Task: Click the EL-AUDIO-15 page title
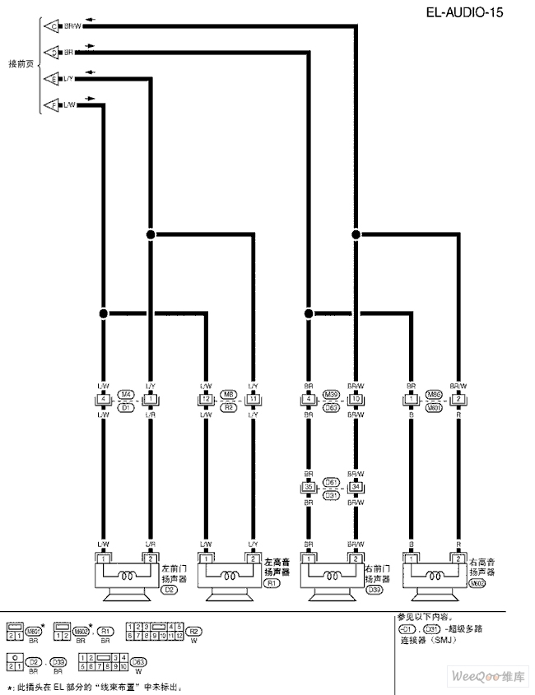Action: [464, 12]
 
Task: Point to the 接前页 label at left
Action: [20, 64]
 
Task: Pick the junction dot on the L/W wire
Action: [103, 313]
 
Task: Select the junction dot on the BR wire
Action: [308, 313]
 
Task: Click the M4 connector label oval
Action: [126, 394]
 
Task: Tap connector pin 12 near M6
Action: [206, 400]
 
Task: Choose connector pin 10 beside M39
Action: [356, 400]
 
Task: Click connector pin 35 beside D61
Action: [308, 487]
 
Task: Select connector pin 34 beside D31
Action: [356, 487]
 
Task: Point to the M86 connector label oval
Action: [434, 394]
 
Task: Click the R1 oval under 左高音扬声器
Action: [272, 584]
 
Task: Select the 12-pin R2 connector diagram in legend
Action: [154, 632]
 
